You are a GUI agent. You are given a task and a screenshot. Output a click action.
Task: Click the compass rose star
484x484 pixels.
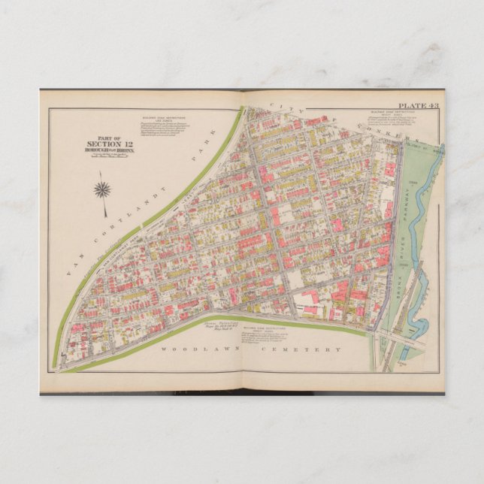pos(101,189)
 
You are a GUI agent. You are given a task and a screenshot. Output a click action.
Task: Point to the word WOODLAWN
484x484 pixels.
pos(188,349)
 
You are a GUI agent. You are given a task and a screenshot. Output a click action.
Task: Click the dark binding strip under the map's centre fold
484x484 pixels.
pos(242,392)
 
